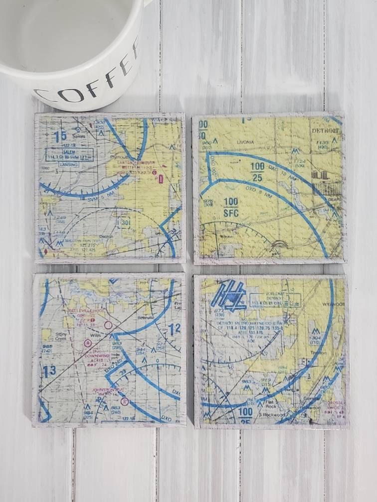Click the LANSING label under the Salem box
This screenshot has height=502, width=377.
coord(59,162)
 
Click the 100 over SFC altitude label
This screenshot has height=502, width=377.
coord(231,207)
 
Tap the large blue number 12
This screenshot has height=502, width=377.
coord(174,329)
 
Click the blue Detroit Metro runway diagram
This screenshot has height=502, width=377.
coord(228,294)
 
